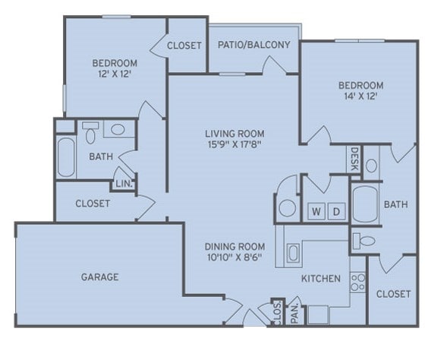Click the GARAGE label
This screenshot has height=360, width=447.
point(99,277)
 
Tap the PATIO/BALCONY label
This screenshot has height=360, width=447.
point(253,45)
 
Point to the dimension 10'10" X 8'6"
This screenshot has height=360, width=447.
point(235,258)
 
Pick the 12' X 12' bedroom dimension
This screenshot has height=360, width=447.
point(114,74)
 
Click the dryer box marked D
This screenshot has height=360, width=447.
point(336,210)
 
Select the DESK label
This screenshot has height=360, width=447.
point(354,159)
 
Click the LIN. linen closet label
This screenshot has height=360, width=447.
point(121,183)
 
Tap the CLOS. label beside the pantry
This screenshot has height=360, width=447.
point(276,313)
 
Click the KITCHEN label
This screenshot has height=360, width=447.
point(321,279)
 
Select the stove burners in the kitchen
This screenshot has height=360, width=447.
point(358,283)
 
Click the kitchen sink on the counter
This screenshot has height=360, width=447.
point(292,253)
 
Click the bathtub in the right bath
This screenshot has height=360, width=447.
point(364,204)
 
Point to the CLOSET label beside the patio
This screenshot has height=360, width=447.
point(184,46)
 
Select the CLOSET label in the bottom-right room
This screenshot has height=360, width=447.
point(393,294)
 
